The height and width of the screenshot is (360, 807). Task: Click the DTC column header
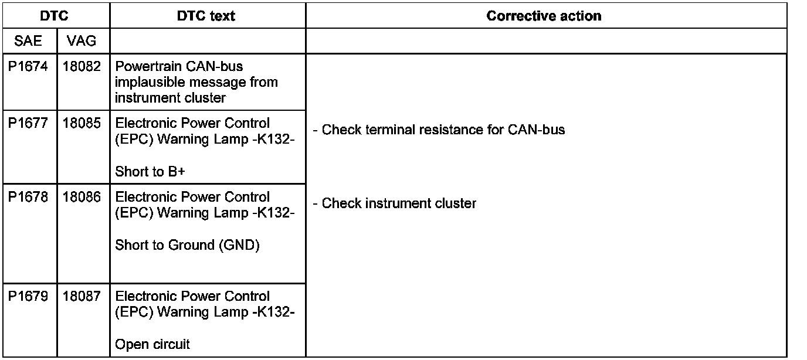point(55,16)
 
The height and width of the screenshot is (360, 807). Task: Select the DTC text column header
point(206,16)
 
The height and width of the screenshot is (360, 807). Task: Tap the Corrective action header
point(544,16)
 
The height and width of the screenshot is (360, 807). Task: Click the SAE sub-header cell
point(28,41)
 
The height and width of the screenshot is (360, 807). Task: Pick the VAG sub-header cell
point(82,41)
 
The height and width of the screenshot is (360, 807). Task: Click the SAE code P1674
point(28,67)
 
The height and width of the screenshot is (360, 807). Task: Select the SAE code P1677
point(28,124)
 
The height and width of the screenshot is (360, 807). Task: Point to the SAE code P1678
point(28,198)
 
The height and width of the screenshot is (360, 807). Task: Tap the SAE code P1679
point(28,297)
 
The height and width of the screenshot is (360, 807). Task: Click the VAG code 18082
point(82,67)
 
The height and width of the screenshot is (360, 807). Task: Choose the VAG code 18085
point(82,124)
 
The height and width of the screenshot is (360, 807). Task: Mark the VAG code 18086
point(82,198)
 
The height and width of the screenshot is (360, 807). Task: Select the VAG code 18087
point(82,297)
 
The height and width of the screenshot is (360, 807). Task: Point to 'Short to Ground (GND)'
point(187,245)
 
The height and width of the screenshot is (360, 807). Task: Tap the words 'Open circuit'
point(152,345)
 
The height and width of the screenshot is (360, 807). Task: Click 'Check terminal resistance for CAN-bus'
point(439,130)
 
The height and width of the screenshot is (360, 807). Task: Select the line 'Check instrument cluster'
point(395,203)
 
